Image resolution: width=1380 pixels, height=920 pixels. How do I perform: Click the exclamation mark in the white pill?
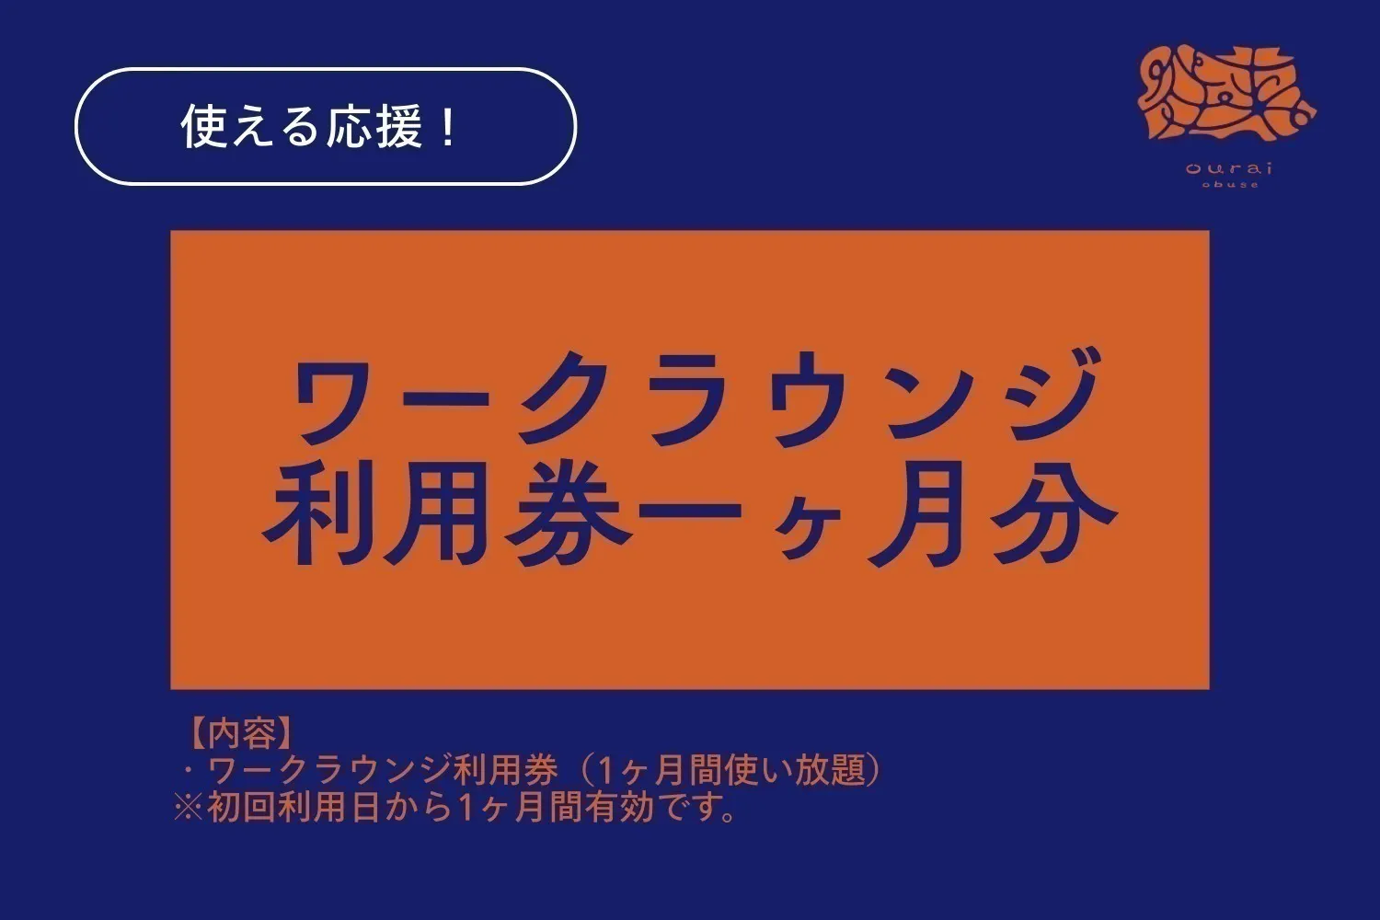click(447, 127)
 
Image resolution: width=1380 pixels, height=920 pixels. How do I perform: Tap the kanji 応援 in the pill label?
click(361, 127)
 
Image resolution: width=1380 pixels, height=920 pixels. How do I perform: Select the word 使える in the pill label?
click(239, 127)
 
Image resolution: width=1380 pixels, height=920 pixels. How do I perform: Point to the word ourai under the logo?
click(1229, 167)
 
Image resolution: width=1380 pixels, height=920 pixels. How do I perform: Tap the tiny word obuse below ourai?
click(1230, 185)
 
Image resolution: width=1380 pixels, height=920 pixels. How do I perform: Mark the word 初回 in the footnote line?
click(241, 807)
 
